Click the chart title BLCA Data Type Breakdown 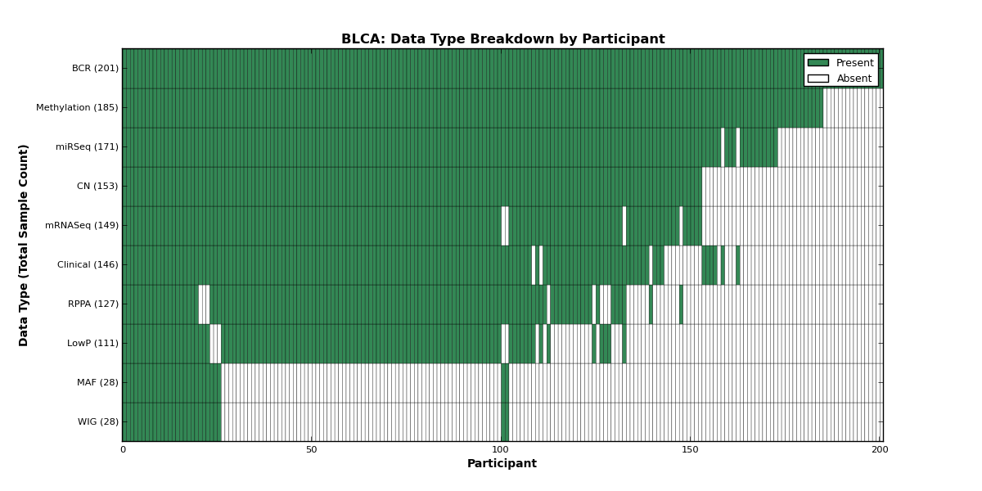[502, 39]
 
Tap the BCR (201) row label [95, 69]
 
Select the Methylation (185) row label [77, 107]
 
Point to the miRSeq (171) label [88, 146]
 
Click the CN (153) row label [97, 186]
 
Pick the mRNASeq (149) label [82, 225]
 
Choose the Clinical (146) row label [88, 265]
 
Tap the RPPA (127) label [93, 304]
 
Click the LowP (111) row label [92, 343]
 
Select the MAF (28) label [97, 382]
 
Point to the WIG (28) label [98, 421]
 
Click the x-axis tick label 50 [311, 450]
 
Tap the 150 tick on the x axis [690, 450]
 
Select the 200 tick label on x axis [880, 450]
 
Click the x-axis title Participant [502, 464]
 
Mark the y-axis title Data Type [23, 245]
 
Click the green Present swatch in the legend [818, 63]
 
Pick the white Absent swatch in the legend [818, 79]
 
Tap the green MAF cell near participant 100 [505, 383]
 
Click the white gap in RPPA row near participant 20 [204, 304]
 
